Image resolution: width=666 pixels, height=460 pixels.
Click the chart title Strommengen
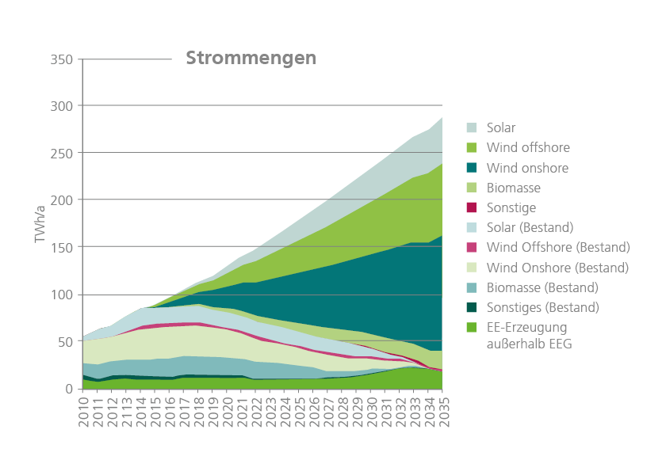[251, 59]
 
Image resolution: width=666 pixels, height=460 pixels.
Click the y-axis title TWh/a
[40, 223]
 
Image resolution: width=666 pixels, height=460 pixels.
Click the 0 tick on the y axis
[70, 389]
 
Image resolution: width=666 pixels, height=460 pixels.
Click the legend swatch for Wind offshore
[471, 147]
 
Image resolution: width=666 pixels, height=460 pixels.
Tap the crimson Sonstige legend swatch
[471, 207]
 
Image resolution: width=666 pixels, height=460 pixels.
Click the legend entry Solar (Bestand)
[530, 227]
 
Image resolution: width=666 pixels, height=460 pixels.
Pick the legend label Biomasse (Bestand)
[542, 287]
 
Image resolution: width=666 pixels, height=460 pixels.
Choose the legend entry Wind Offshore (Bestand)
[557, 247]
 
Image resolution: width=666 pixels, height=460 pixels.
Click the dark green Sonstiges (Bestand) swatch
[471, 307]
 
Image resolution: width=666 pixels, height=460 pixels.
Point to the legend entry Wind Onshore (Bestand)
[557, 267]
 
